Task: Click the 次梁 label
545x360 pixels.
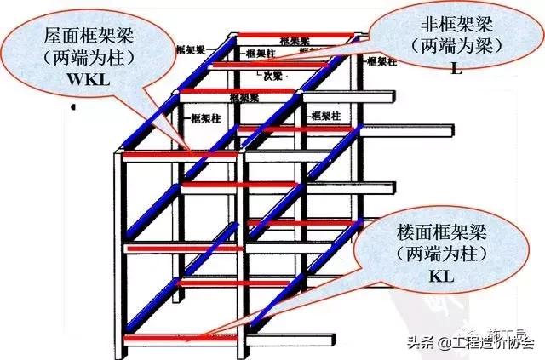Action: (x=272, y=74)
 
